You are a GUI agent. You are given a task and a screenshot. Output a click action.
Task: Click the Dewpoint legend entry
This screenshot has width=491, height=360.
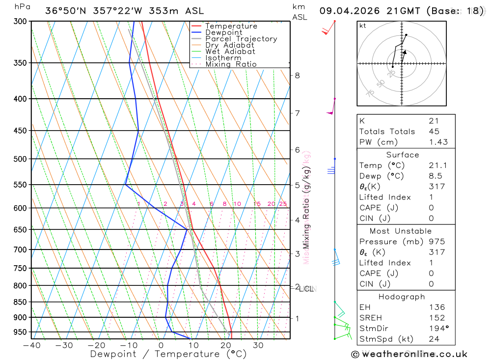(223, 32)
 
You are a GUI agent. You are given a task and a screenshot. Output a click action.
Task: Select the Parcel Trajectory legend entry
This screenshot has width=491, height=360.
(241, 39)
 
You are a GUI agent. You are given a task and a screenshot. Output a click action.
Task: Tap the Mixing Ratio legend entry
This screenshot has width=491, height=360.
(231, 64)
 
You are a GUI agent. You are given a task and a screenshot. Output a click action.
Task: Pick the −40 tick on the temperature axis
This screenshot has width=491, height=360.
(31, 345)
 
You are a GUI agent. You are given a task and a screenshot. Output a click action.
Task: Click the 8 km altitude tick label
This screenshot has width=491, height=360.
(297, 75)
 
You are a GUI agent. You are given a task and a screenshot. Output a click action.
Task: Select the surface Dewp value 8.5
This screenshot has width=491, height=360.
(435, 176)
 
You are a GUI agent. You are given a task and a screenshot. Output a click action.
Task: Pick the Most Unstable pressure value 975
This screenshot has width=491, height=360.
(436, 242)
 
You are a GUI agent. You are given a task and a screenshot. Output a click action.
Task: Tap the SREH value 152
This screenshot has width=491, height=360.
(436, 318)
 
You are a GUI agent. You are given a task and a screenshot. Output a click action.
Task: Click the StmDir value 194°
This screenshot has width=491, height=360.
(437, 329)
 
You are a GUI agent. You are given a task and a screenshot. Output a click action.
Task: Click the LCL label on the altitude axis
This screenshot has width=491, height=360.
(307, 289)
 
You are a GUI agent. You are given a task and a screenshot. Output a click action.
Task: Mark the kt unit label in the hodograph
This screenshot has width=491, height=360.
(363, 26)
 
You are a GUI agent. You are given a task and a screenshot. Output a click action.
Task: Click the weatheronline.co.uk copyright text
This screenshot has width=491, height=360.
(409, 354)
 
